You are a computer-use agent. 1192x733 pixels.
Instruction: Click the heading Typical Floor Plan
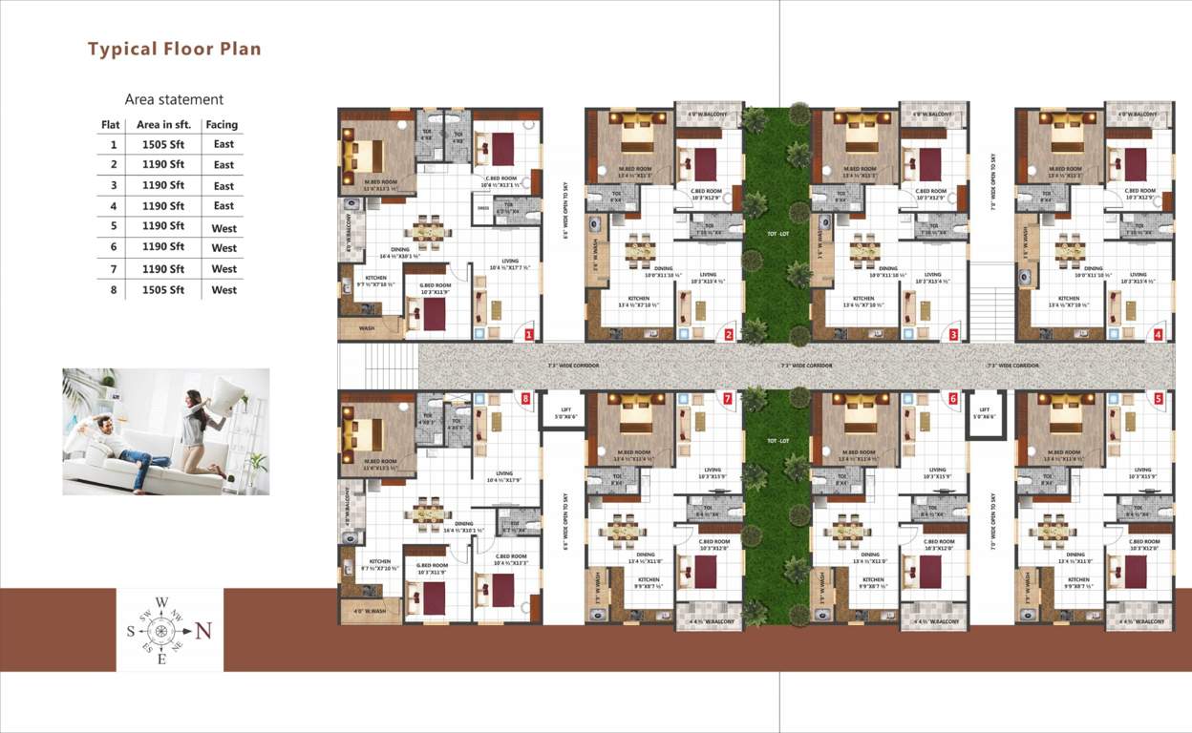(x=174, y=49)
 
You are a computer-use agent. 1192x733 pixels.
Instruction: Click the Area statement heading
(x=174, y=99)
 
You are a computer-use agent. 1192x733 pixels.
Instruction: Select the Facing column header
(x=222, y=124)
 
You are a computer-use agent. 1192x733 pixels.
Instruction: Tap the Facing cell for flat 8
(x=223, y=290)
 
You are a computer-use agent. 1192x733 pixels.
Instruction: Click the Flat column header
(x=111, y=124)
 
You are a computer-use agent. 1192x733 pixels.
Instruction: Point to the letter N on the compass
(x=202, y=631)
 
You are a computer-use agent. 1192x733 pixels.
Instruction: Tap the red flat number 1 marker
(x=528, y=335)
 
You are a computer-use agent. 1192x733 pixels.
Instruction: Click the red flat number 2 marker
(x=728, y=335)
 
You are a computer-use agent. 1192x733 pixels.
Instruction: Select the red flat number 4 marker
(x=1158, y=335)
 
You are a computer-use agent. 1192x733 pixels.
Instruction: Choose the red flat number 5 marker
(x=1158, y=398)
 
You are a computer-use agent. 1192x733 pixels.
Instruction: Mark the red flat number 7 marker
(x=728, y=398)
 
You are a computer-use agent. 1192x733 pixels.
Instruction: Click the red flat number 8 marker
(x=524, y=398)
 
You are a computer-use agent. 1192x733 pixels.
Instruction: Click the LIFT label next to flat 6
(x=983, y=411)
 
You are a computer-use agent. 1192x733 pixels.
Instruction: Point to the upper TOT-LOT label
(x=777, y=234)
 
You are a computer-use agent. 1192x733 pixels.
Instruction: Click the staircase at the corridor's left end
(x=378, y=366)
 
